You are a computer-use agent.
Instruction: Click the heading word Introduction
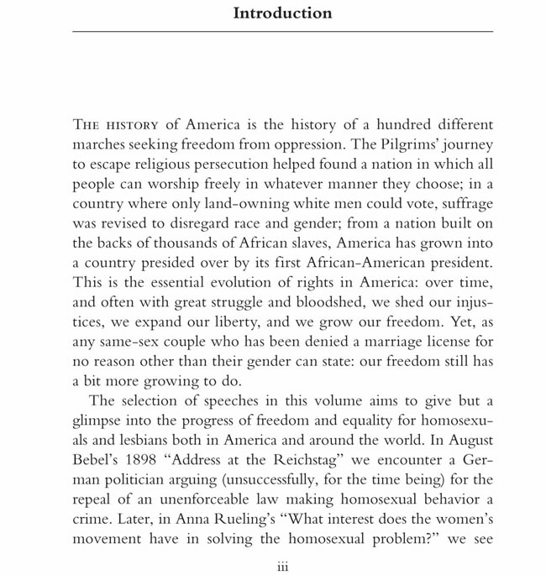click(282, 13)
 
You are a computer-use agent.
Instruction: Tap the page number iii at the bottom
click(283, 567)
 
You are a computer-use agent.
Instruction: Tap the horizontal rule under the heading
click(282, 31)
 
